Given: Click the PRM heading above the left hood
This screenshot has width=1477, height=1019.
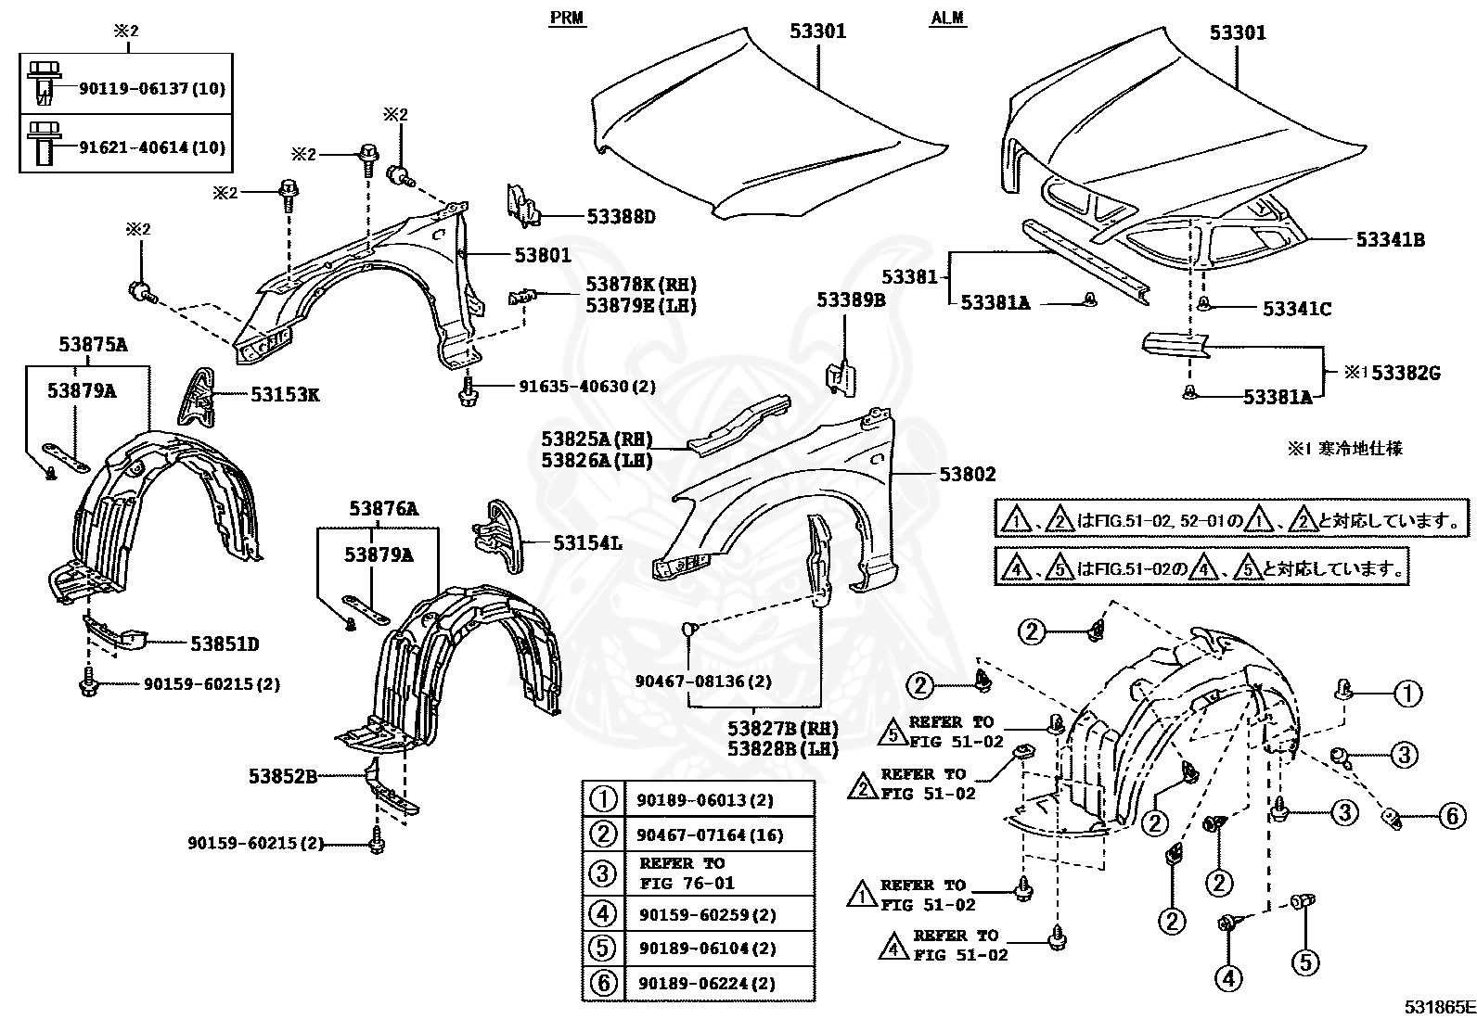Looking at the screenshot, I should [x=567, y=18].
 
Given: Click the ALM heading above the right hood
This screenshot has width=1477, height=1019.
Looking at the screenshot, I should [x=947, y=18].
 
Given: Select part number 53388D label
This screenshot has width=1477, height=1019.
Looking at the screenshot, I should [x=621, y=218].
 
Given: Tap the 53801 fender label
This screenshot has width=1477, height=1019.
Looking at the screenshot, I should [x=543, y=255].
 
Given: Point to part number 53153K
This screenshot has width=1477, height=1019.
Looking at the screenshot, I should [x=285, y=395].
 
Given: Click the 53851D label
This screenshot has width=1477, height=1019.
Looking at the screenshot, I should [x=225, y=643].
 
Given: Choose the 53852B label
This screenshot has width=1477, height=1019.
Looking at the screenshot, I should [x=282, y=776].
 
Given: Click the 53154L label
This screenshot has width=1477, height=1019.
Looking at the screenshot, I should [x=587, y=543].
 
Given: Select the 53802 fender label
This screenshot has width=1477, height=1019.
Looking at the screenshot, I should [x=967, y=475].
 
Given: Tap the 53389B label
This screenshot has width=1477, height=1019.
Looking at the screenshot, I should [x=851, y=300].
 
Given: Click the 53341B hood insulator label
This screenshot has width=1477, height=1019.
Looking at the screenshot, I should [x=1390, y=240].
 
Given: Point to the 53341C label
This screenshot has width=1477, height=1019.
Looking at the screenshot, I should [x=1296, y=310].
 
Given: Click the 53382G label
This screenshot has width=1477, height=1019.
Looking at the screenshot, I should [x=1405, y=374].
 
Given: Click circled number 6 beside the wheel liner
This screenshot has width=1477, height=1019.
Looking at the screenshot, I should [x=1453, y=816].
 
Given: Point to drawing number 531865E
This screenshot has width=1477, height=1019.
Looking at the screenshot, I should [x=1438, y=1007].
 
